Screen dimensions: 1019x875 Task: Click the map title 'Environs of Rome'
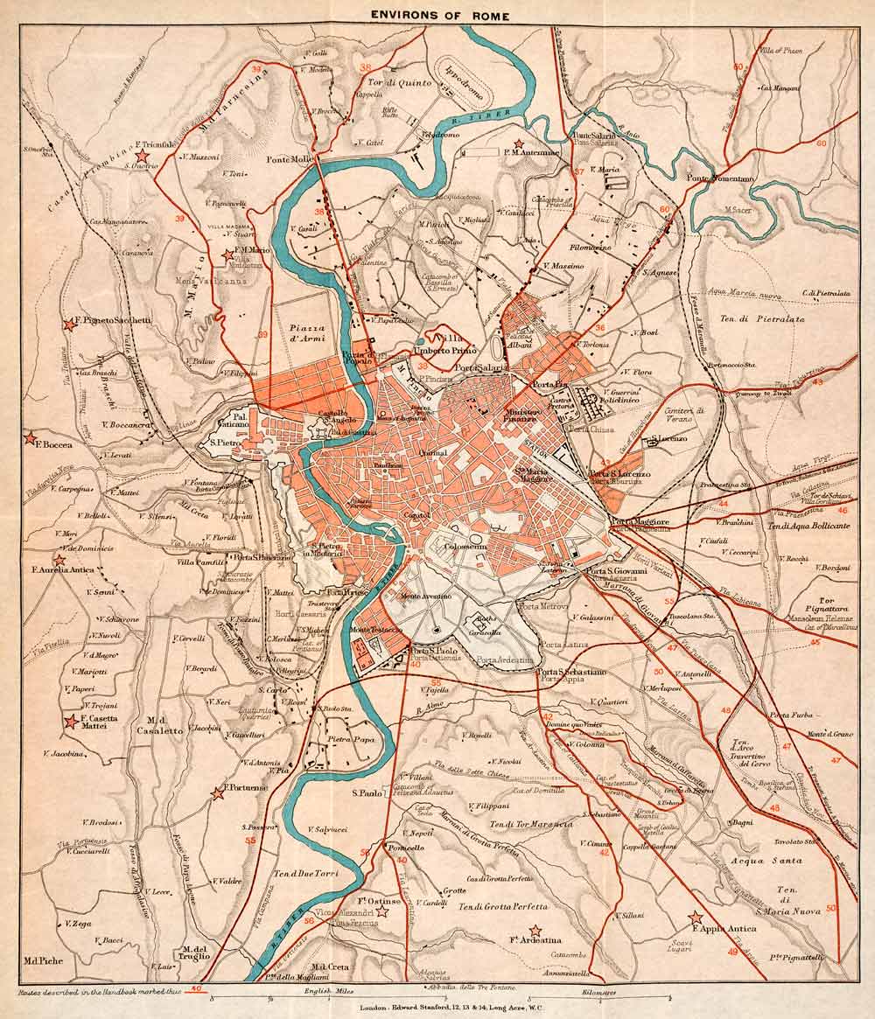point(438,14)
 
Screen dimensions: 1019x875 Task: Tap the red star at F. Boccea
point(31,436)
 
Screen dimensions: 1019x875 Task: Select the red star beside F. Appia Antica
point(696,918)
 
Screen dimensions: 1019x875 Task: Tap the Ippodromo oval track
point(464,69)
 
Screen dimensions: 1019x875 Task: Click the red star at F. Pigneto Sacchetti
point(67,324)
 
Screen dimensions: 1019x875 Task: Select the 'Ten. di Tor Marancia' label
point(531,824)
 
